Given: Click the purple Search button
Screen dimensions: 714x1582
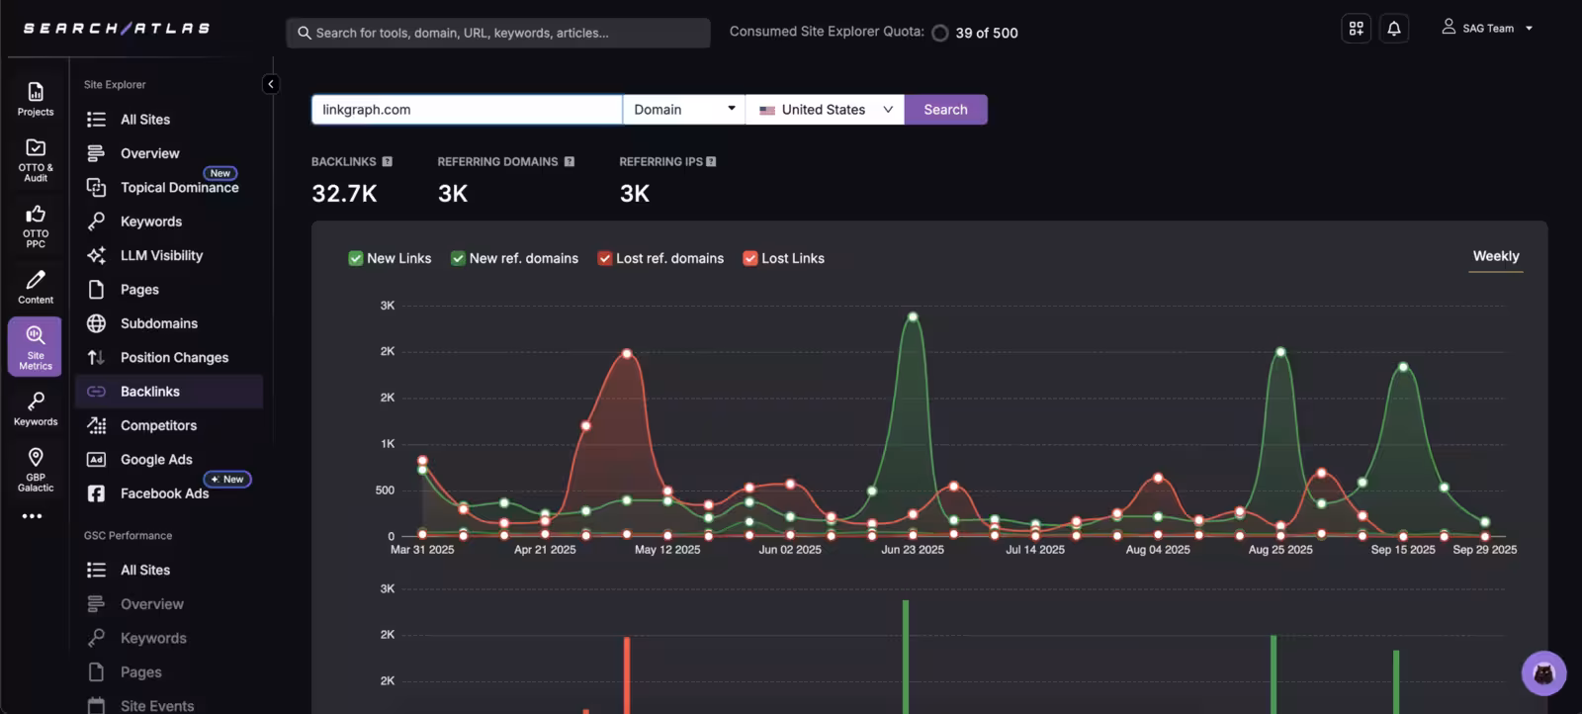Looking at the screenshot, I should (945, 110).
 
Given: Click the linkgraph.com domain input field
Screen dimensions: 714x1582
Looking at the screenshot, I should (466, 110).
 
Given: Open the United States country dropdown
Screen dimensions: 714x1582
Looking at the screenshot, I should (826, 110).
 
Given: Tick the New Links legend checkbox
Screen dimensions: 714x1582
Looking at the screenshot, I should (356, 258).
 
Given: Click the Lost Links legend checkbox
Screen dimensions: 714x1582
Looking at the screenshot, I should (750, 258).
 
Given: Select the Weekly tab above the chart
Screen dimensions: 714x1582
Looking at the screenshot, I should (1495, 256).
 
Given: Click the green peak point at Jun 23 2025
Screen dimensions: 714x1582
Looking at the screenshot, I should (913, 317).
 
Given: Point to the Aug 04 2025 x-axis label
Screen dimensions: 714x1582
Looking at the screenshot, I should (1158, 550).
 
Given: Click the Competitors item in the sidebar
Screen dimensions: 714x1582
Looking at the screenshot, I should (158, 425).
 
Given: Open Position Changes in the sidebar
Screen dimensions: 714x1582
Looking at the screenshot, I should (174, 357).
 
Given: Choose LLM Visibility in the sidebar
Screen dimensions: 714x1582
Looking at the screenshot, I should (161, 255).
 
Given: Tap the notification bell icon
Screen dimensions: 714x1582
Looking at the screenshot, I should (1394, 29).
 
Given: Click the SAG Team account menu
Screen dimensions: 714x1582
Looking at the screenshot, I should (1487, 29).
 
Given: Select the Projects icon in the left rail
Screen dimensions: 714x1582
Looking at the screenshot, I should (36, 98).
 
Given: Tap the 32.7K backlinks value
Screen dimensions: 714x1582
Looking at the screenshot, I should (344, 194).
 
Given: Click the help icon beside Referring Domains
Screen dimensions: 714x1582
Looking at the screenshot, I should (570, 162).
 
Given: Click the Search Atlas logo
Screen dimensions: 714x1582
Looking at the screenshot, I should (117, 29).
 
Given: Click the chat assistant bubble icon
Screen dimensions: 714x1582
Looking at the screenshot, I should (1543, 673).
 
